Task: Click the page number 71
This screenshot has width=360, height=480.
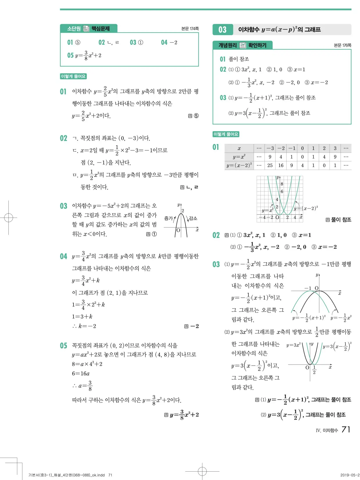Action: (x=346, y=430)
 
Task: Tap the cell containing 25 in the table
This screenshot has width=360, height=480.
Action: (x=270, y=165)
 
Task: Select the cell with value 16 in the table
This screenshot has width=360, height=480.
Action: (x=281, y=165)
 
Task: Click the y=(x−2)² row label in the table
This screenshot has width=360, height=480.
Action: (x=239, y=165)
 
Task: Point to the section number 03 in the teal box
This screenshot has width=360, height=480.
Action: (x=222, y=30)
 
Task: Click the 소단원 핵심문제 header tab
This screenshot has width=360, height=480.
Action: (x=89, y=28)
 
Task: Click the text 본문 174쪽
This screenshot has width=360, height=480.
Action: (x=190, y=29)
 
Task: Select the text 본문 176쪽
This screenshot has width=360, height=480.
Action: (x=342, y=45)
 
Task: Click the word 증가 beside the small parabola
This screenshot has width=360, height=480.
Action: (x=168, y=218)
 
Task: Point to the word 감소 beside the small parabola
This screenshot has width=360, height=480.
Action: (x=193, y=218)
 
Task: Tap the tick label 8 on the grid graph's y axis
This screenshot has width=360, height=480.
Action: (x=282, y=184)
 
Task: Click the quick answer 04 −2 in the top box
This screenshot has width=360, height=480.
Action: (x=169, y=42)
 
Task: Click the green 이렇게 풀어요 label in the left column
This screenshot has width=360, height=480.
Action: (x=73, y=76)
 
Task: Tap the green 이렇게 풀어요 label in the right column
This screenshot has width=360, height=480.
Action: (x=226, y=134)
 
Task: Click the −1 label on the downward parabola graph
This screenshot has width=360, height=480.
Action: (x=307, y=288)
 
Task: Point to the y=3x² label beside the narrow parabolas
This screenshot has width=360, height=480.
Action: (x=293, y=345)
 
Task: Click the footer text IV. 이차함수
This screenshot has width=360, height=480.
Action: (x=327, y=430)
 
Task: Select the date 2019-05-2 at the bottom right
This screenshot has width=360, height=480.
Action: (x=350, y=475)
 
